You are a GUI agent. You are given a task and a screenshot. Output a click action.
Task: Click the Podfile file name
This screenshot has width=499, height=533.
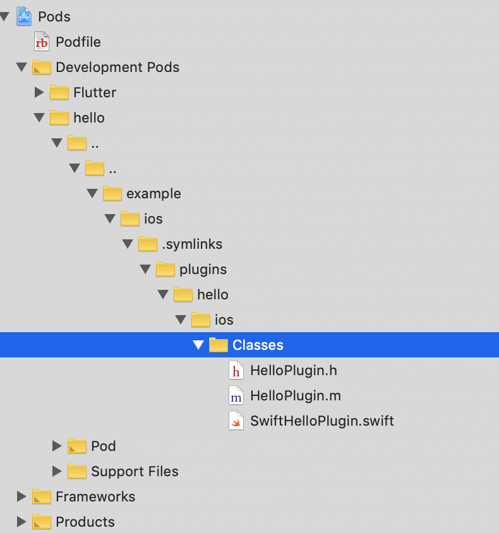(78, 42)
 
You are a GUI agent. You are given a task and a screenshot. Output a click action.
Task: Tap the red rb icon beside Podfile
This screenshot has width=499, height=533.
(42, 42)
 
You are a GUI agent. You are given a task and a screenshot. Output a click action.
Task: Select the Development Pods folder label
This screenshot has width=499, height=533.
(117, 67)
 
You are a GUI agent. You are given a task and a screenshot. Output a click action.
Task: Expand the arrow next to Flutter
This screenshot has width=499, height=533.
(39, 92)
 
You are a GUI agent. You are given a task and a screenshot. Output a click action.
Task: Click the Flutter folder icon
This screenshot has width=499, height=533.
(59, 92)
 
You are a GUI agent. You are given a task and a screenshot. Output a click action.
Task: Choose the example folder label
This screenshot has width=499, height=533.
(153, 193)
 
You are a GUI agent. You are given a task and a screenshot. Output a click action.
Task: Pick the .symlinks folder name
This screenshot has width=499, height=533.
(192, 244)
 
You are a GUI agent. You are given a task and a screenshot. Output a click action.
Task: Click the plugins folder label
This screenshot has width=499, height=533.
(203, 269)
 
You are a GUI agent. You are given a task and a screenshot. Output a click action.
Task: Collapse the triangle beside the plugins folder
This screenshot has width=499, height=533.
(145, 270)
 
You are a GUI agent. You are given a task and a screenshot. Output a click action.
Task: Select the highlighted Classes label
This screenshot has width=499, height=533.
(258, 345)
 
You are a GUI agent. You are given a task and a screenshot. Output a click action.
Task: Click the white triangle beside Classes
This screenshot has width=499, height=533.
(198, 345)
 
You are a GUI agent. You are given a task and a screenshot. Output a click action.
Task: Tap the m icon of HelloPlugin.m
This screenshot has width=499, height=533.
(236, 396)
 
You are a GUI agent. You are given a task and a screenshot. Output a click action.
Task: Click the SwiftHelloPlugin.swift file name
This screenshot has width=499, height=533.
(322, 421)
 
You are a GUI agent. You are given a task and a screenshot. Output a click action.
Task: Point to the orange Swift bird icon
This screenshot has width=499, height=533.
(236, 421)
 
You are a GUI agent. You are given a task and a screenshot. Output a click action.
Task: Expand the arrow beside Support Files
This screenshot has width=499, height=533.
(57, 471)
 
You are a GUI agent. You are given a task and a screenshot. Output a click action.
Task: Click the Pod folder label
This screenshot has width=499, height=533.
(103, 446)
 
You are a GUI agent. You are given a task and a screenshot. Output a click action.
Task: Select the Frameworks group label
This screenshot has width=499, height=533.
(95, 496)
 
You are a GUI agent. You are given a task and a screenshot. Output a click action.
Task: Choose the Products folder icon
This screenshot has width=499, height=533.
(42, 522)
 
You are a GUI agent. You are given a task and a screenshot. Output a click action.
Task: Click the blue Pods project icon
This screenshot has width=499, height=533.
(24, 16)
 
